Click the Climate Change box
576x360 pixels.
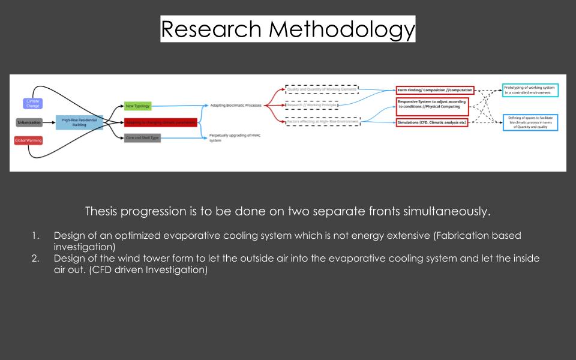point(33,103)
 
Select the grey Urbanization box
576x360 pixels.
point(29,122)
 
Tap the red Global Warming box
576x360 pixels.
point(28,140)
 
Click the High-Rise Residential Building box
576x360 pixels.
point(79,122)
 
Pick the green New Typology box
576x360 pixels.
point(137,106)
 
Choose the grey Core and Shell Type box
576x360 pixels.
point(142,138)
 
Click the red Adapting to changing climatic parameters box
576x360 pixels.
point(160,122)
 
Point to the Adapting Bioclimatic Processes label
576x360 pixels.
point(236,106)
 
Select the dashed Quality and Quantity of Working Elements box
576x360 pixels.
point(322,89)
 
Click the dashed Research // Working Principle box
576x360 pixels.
point(311,106)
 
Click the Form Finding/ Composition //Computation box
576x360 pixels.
point(435,90)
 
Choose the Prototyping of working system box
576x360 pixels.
point(530,90)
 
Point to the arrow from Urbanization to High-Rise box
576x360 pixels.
point(49,122)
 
